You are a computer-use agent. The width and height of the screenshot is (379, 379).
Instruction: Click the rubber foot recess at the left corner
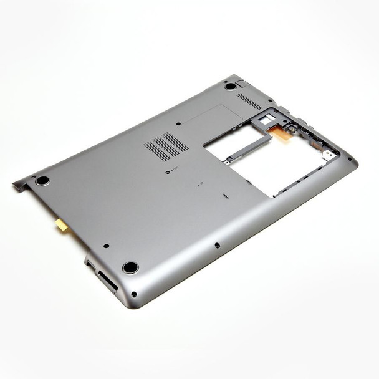click(x=42, y=180)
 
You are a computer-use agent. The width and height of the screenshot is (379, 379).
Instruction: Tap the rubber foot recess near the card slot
click(x=130, y=267)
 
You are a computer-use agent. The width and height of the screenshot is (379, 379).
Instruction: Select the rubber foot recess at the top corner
click(x=231, y=85)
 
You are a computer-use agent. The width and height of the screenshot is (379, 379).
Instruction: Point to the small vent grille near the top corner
click(x=249, y=102)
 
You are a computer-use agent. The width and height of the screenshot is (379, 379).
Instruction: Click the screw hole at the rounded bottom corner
click(x=134, y=294)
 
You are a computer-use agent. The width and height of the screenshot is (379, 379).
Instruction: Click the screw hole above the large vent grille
click(x=179, y=123)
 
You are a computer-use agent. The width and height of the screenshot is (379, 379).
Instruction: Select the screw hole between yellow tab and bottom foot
click(x=106, y=246)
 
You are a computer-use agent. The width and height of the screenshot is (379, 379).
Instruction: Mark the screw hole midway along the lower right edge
click(x=216, y=245)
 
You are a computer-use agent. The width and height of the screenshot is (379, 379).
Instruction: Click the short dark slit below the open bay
click(x=224, y=195)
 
